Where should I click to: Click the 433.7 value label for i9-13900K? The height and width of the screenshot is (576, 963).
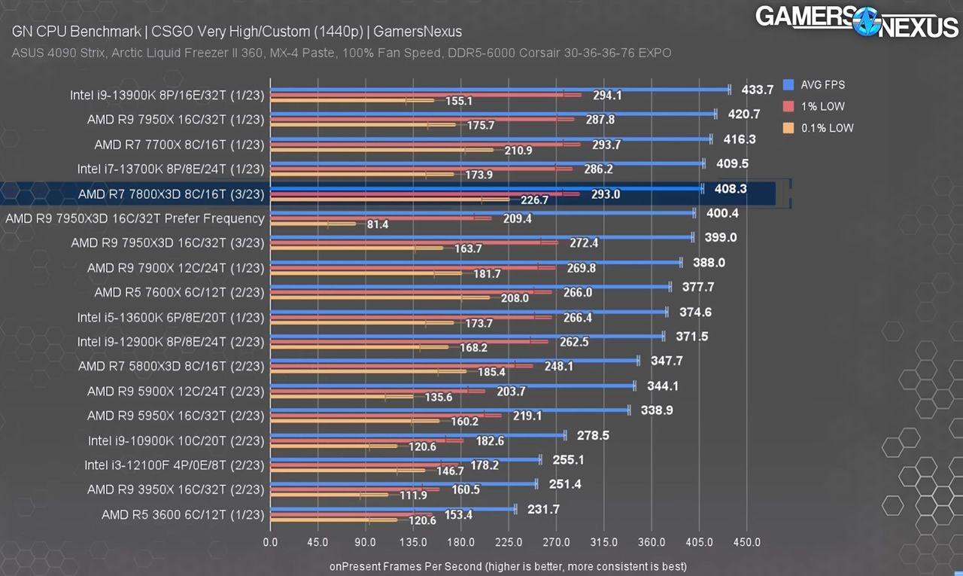pyautogui.click(x=757, y=90)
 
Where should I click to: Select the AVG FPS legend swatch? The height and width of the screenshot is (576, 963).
pyautogui.click(x=788, y=85)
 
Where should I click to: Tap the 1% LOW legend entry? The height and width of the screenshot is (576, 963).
pyautogui.click(x=814, y=106)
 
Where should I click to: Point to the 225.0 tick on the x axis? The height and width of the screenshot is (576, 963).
pyautogui.click(x=508, y=542)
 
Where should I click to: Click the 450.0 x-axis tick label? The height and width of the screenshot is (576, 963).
pyautogui.click(x=747, y=542)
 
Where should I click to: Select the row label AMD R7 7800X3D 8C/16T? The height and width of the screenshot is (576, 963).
pyautogui.click(x=171, y=194)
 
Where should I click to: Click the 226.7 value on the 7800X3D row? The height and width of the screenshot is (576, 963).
pyautogui.click(x=534, y=200)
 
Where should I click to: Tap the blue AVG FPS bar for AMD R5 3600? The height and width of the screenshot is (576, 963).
pyautogui.click(x=393, y=509)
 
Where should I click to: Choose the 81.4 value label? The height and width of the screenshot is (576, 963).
pyautogui.click(x=378, y=224)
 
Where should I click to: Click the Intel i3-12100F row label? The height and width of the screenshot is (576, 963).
pyautogui.click(x=174, y=465)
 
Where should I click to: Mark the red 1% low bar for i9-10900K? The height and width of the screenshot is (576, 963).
pyautogui.click(x=366, y=440)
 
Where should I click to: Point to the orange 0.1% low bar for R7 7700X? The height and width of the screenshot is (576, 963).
pyautogui.click(x=381, y=150)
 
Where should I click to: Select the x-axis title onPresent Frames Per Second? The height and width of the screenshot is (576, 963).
pyautogui.click(x=508, y=566)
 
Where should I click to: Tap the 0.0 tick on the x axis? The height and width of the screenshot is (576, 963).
pyautogui.click(x=270, y=542)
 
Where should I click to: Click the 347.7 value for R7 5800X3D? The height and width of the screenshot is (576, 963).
pyautogui.click(x=667, y=361)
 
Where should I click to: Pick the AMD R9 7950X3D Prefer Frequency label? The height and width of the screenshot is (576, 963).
pyautogui.click(x=135, y=218)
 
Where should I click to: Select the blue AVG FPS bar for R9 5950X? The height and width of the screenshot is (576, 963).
pyautogui.click(x=450, y=410)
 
